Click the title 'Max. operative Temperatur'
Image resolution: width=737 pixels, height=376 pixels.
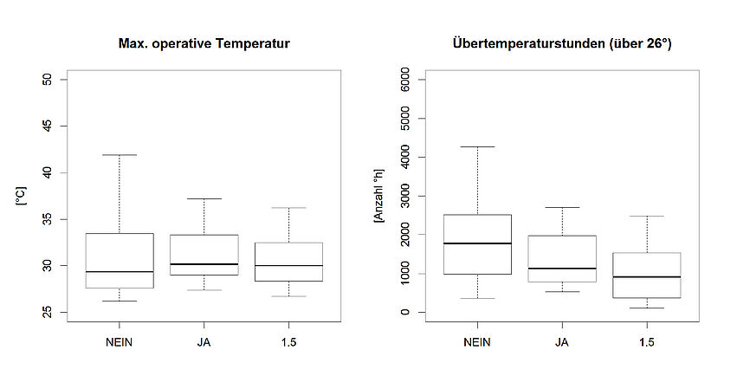(204, 42)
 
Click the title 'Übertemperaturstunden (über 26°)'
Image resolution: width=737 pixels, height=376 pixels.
(562, 42)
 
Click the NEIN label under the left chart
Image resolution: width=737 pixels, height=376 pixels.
(119, 341)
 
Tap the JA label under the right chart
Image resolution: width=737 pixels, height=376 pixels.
(562, 341)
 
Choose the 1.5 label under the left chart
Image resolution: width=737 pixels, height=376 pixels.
(288, 341)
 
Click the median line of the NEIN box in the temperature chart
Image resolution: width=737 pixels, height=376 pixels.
(119, 272)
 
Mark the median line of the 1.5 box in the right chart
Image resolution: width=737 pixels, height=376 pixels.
(647, 277)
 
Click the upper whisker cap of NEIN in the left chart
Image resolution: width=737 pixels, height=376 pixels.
(119, 155)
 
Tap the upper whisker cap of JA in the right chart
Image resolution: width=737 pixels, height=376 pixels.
(562, 207)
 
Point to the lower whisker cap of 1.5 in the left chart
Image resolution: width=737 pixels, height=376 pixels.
(288, 296)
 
